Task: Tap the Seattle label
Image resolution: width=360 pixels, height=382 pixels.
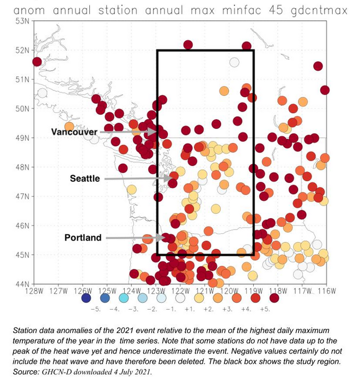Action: point(84,178)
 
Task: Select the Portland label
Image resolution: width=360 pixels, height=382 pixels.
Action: point(83,238)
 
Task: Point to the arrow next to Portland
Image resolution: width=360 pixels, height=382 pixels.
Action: point(136,238)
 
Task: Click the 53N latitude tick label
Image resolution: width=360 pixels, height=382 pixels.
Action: point(22,21)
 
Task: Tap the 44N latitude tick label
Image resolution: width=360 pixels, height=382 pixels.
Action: point(22,284)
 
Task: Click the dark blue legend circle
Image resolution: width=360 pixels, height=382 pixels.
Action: point(86,298)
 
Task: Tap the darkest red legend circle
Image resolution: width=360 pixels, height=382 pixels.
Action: point(274,298)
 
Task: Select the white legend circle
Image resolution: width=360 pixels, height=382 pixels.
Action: point(161,298)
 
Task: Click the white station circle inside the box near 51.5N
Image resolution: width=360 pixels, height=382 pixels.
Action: point(234,63)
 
